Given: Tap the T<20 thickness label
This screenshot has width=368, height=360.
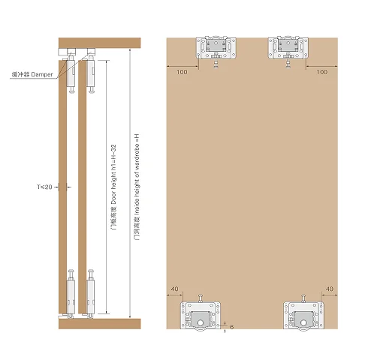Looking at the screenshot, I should (46, 186).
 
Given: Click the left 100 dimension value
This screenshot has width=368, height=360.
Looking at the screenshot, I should (182, 72).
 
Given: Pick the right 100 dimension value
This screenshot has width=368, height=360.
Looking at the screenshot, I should (321, 72).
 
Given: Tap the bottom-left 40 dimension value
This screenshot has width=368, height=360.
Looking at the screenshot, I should (173, 289).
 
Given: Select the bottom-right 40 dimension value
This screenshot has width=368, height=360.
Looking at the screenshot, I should (330, 289).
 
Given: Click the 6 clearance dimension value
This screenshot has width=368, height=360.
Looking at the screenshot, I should (233, 327).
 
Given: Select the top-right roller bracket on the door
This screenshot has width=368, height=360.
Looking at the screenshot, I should (289, 47).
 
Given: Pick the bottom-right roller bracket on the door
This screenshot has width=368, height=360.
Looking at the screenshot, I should (304, 314).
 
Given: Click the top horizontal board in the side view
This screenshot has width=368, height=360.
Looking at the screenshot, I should (99, 43).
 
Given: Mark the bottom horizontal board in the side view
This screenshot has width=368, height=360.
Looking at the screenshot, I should (99, 325).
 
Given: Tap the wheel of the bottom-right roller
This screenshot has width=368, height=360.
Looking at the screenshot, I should (303, 320).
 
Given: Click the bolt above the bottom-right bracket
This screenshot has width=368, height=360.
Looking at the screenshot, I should (303, 296).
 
